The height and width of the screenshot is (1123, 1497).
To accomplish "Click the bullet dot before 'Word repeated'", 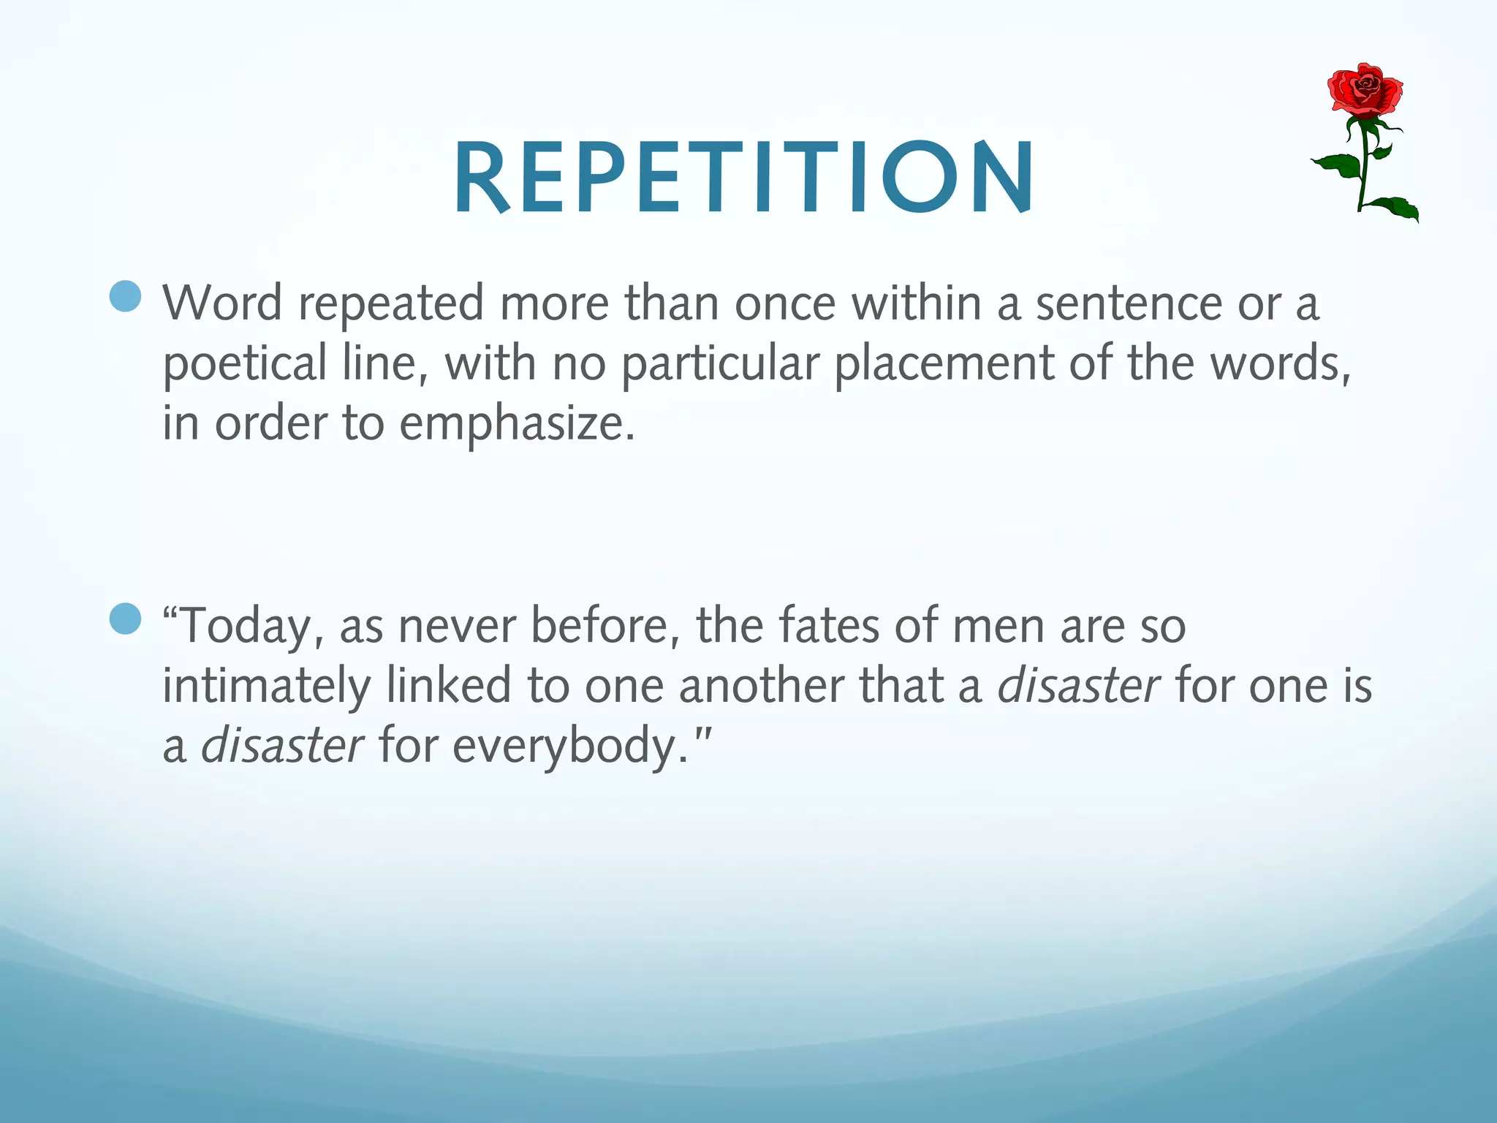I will [x=125, y=296].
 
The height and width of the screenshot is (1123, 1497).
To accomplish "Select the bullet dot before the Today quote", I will [x=125, y=619].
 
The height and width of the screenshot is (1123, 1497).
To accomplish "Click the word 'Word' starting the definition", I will [x=222, y=303].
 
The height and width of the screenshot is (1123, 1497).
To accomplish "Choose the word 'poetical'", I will [x=244, y=364].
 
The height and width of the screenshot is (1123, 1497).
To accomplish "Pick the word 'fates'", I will [x=829, y=626].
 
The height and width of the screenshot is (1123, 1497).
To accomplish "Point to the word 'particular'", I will [x=720, y=364].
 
